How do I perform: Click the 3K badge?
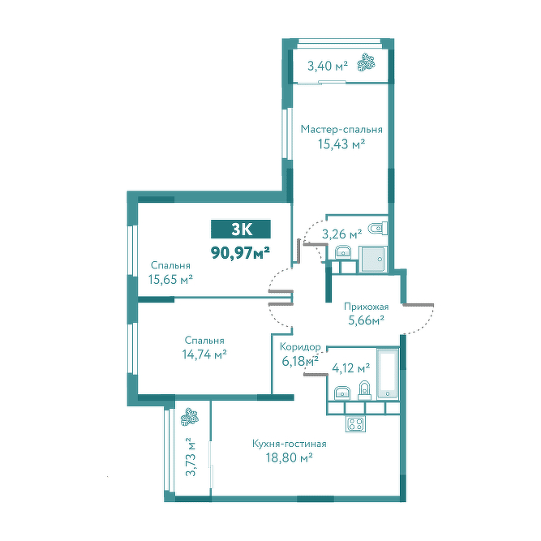pyautogui.click(x=241, y=229)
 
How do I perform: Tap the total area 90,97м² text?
pyautogui.click(x=240, y=253)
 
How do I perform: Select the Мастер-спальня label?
pyautogui.click(x=341, y=130)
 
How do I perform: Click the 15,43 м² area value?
pyautogui.click(x=341, y=144)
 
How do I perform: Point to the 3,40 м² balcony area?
pyautogui.click(x=328, y=66)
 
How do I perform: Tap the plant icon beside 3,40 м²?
pyautogui.click(x=367, y=62)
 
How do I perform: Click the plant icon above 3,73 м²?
pyautogui.click(x=189, y=417)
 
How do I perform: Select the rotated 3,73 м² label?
pyautogui.click(x=190, y=457)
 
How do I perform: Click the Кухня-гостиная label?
pyautogui.click(x=289, y=444)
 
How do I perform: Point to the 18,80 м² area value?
pyautogui.click(x=289, y=457)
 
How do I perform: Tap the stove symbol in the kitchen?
pyautogui.click(x=355, y=423)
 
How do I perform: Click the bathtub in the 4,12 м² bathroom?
pyautogui.click(x=388, y=375)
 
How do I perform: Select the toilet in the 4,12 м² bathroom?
pyautogui.click(x=364, y=391)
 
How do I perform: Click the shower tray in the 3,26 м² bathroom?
pyautogui.click(x=372, y=259)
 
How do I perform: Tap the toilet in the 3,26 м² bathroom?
pyautogui.click(x=378, y=229)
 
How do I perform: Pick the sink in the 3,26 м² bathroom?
pyautogui.click(x=343, y=252)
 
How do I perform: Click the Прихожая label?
pyautogui.click(x=367, y=307)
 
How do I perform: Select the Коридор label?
pyautogui.click(x=300, y=346)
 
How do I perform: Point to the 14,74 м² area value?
pyautogui.click(x=204, y=354)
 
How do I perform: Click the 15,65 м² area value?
pyautogui.click(x=170, y=279)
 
